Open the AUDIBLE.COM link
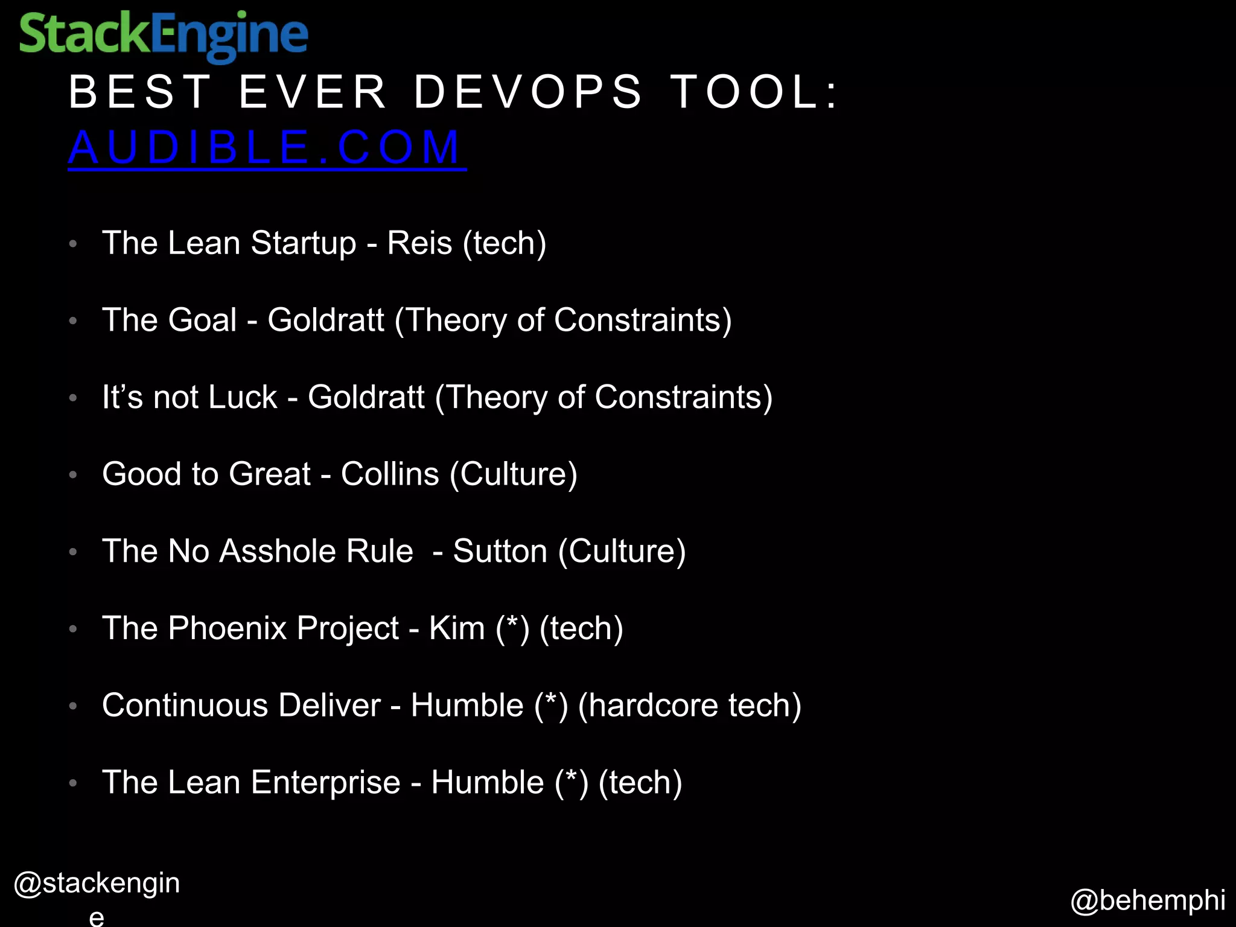(266, 147)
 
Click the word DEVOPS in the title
(529, 92)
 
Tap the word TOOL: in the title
(755, 92)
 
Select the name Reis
(419, 243)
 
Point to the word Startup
(304, 243)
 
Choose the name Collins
(390, 474)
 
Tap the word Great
(270, 474)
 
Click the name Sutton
(500, 551)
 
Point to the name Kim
(457, 628)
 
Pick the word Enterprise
(326, 782)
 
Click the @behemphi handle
(1148, 900)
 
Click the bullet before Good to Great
(73, 475)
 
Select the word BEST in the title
(140, 92)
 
